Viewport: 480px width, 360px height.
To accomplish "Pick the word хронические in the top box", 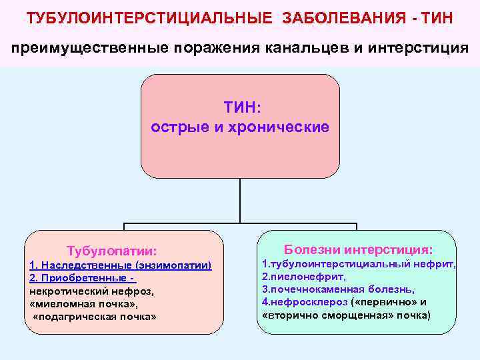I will click(285, 126).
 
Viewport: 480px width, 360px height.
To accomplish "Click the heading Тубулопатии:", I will click(112, 251).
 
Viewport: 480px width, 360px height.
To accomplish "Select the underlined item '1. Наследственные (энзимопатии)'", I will click(121, 265).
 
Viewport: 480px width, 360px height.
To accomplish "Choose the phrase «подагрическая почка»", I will click(94, 316).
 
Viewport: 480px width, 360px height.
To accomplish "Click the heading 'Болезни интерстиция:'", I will click(358, 249).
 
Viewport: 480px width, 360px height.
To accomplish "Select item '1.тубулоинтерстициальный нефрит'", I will click(359, 264).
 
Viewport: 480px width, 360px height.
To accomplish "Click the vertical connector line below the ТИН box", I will click(239, 200).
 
